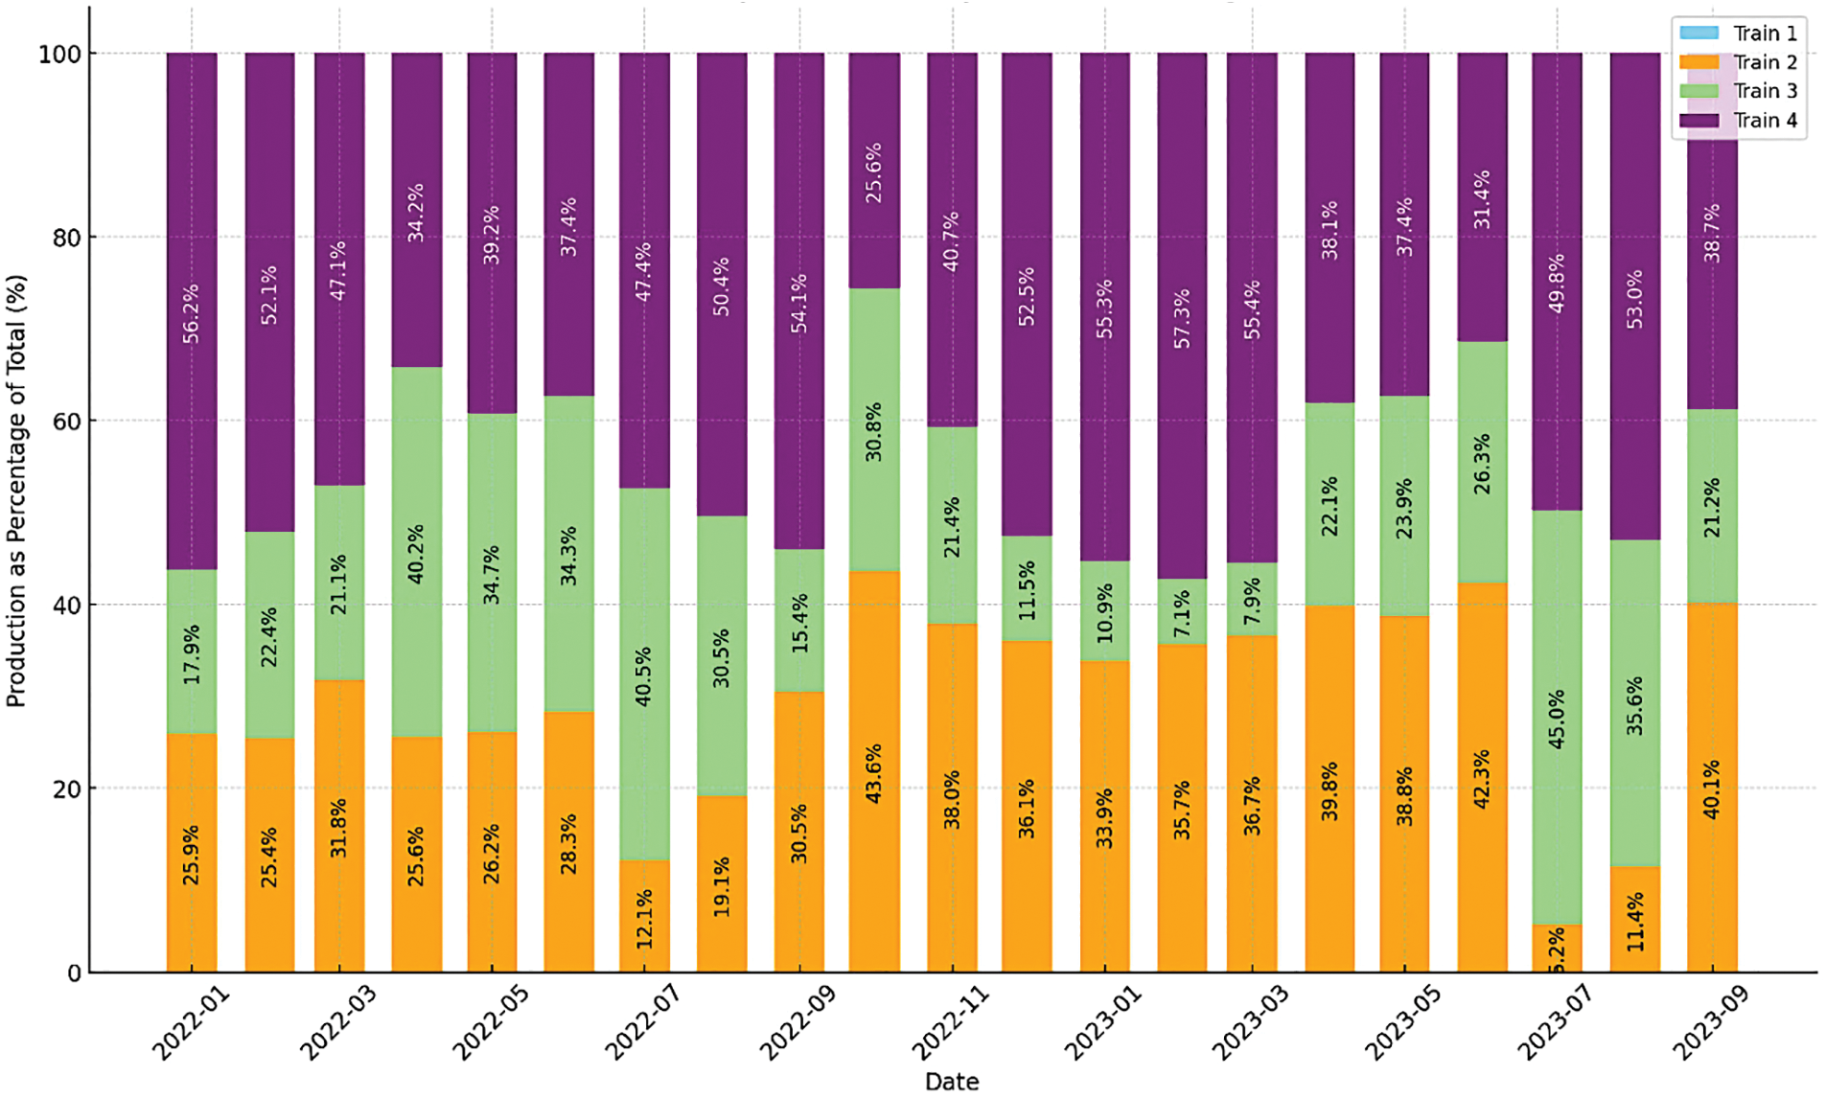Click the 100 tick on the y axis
pos(59,54)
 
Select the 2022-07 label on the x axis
pos(642,1022)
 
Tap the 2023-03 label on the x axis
pos(1250,1022)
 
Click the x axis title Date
pos(951,1082)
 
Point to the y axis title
pos(16,492)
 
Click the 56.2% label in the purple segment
pos(192,312)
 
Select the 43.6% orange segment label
pos(873,773)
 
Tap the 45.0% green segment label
pos(1556,719)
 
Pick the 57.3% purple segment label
pos(1182,318)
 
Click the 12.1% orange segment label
pos(644,918)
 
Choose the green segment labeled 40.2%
pos(416,553)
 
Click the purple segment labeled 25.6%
pos(873,172)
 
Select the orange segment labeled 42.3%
pos(1482,778)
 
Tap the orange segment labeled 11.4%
pos(1634,920)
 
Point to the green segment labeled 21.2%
pos(1712,507)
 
